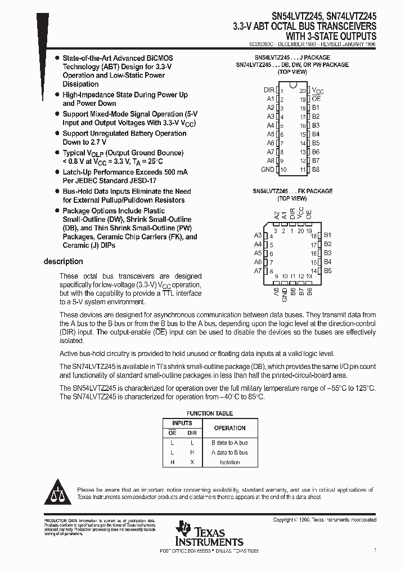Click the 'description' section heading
pyautogui.click(x=63, y=261)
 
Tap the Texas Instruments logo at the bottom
pyautogui.click(x=209, y=533)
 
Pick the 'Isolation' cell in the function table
pyautogui.click(x=229, y=462)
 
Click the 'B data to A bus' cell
pyautogui.click(x=229, y=443)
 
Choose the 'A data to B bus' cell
pyautogui.click(x=229, y=452)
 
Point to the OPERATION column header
pyautogui.click(x=229, y=427)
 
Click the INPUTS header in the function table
pyautogui.click(x=182, y=422)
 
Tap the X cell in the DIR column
pyautogui.click(x=192, y=462)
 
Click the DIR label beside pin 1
pyautogui.click(x=269, y=90)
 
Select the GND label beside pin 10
pyautogui.click(x=268, y=169)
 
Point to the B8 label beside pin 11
pyautogui.click(x=316, y=169)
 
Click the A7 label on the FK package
pyautogui.click(x=258, y=271)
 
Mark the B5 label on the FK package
pyautogui.click(x=328, y=271)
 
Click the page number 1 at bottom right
pyautogui.click(x=375, y=549)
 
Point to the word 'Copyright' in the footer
pyautogui.click(x=285, y=520)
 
